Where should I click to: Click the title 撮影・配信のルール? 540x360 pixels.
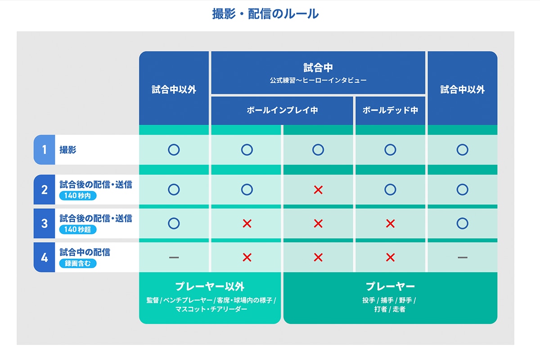coord(265,14)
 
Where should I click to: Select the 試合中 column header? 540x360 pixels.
coord(318,68)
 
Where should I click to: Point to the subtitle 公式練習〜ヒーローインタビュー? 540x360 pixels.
coord(318,81)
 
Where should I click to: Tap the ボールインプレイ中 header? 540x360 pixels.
coord(282,110)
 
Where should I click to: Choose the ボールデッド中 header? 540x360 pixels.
coord(390,110)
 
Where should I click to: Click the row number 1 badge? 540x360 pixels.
coord(44,149)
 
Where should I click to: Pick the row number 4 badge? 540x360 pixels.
coord(44,257)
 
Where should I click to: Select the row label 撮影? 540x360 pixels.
coord(68,150)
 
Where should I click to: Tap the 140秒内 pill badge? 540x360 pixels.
coord(77,196)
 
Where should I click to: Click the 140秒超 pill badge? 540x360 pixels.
coord(77,229)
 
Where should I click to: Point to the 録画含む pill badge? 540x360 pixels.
coord(77,263)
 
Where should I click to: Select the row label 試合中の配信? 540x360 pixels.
coord(85,252)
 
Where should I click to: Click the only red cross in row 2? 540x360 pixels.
coord(318,190)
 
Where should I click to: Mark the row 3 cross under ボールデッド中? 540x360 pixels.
coord(390,223)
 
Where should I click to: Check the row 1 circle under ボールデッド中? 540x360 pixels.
coord(390,150)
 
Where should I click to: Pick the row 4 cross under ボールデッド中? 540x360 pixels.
coord(390,257)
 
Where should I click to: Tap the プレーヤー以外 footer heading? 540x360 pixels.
coord(210,287)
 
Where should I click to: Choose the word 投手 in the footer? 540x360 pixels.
coord(369,300)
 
